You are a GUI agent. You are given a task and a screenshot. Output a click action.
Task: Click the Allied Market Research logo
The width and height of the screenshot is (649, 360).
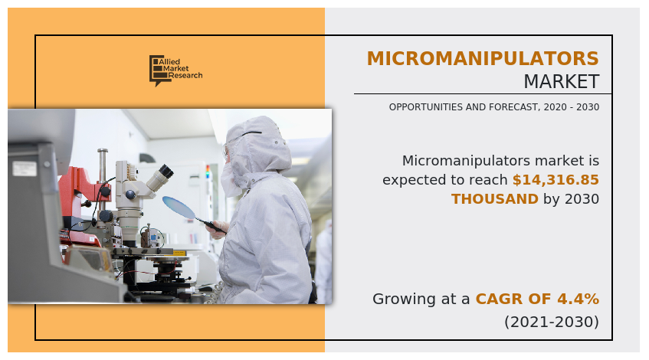176,70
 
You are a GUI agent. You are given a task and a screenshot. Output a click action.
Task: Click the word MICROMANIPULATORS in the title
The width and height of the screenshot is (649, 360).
483,59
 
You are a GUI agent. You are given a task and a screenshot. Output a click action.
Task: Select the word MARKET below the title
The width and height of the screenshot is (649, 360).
561,81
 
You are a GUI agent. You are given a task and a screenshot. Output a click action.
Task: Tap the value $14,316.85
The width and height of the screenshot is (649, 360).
556,180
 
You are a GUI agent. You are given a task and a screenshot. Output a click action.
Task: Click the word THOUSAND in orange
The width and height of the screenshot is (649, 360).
495,199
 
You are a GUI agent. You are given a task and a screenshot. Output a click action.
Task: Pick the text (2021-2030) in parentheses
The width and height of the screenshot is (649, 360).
552,322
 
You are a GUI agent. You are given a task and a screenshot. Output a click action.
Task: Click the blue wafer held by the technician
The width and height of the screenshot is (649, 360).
179,207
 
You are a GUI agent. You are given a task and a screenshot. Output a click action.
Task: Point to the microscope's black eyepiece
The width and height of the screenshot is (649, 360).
167,171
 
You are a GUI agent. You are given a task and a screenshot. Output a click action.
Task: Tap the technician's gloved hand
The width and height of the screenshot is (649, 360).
215,230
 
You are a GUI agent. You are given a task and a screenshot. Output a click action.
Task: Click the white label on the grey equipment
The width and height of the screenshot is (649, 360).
25,169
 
